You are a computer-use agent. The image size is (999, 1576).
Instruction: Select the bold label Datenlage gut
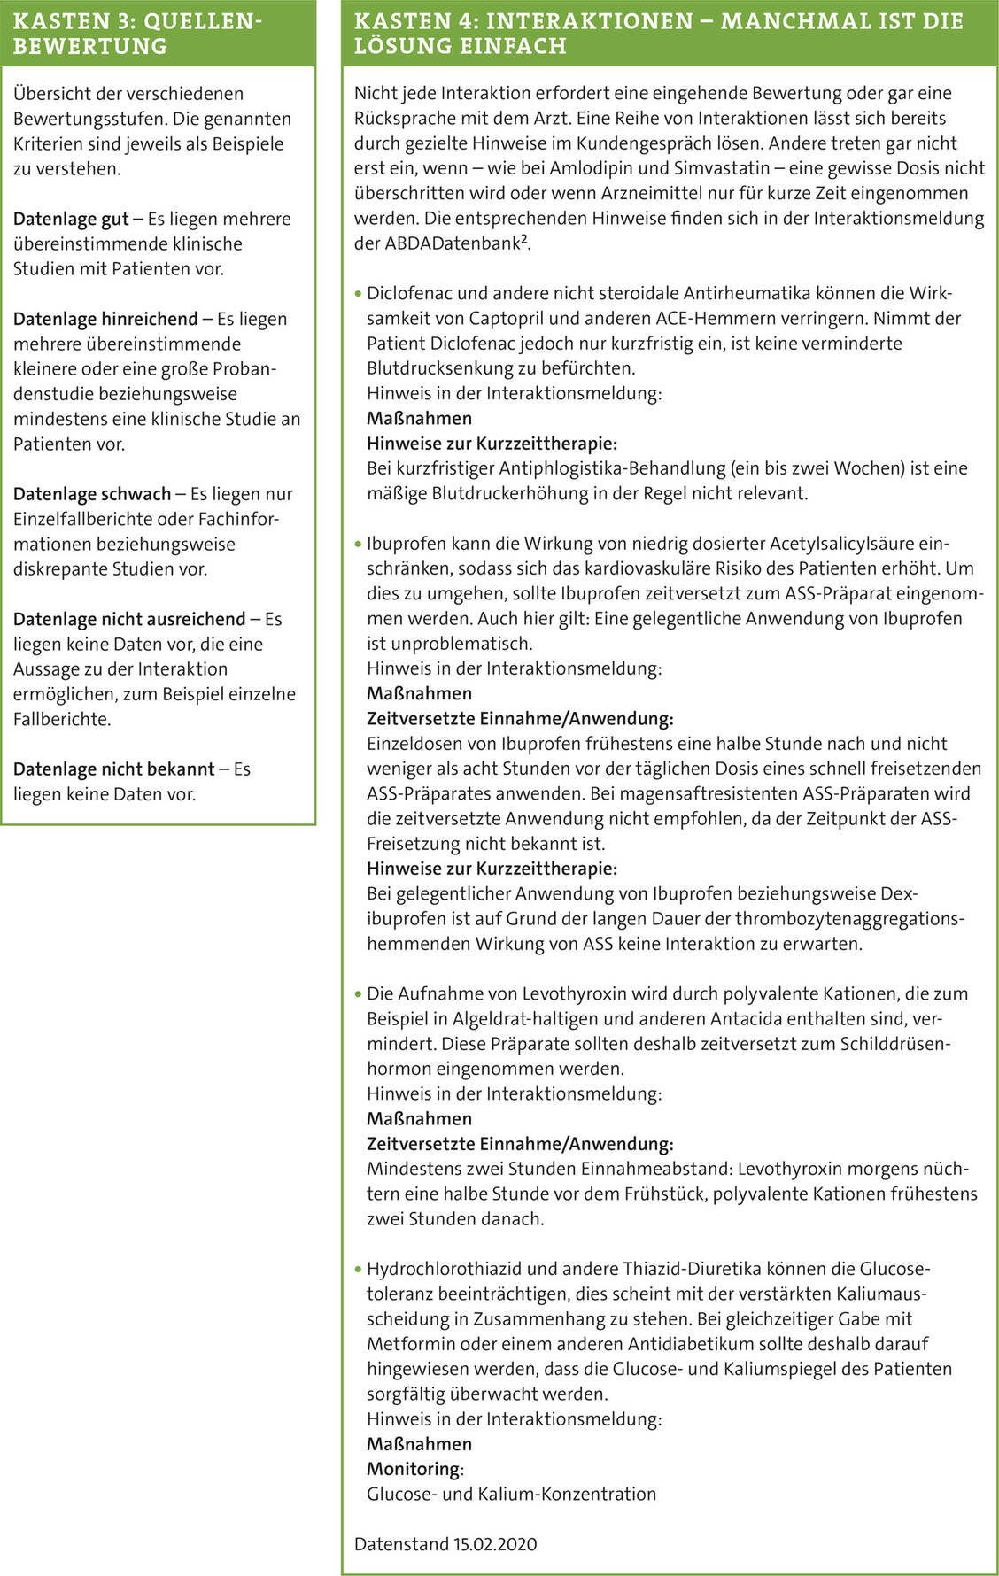[71, 219]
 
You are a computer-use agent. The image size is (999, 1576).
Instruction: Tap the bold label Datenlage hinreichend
[105, 319]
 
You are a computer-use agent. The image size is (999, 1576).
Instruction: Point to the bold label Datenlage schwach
[92, 494]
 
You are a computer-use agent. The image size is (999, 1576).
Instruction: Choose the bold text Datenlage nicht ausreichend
[129, 619]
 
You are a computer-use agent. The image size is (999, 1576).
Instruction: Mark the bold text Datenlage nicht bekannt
[113, 769]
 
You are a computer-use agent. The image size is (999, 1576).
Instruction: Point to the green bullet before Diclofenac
[358, 294]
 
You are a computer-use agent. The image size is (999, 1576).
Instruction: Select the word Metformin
[407, 1344]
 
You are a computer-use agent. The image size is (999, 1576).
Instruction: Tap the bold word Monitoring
[414, 1469]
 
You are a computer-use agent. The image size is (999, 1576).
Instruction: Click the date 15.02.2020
[495, 1544]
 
